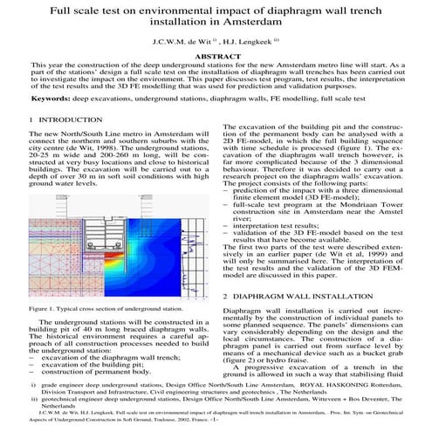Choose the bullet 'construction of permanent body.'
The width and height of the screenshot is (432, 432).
pyautogui.click(x=81, y=372)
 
